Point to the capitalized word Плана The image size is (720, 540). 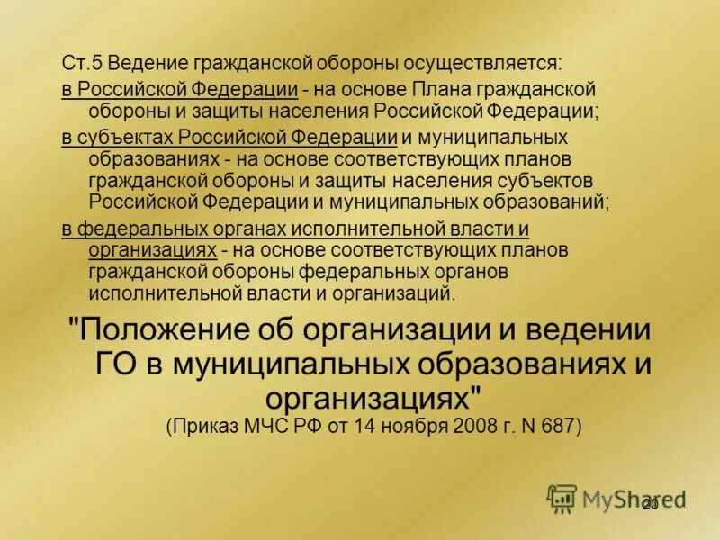[x=440, y=90]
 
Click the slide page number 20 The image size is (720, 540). [x=650, y=504]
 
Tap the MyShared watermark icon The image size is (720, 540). [x=562, y=498]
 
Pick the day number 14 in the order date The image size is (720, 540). [x=357, y=425]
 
